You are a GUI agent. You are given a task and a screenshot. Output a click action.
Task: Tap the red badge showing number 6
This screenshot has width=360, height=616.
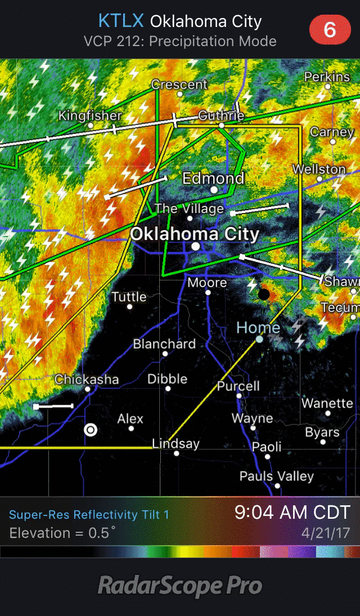coord(330,29)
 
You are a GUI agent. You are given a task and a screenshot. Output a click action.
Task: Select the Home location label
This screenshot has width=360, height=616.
coord(258,328)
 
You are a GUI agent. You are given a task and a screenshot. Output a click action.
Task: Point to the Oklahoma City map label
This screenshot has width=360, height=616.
coord(195,234)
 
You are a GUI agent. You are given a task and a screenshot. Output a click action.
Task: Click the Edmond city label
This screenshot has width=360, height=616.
coord(213,179)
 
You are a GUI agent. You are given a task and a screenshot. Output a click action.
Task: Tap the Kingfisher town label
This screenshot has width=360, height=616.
coord(90,116)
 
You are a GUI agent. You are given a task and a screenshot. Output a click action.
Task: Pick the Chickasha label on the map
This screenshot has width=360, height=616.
coord(87,379)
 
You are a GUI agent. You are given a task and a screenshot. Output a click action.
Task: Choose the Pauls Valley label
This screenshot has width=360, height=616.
coord(276,476)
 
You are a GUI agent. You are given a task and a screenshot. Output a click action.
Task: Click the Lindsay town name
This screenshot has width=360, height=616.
coord(176,443)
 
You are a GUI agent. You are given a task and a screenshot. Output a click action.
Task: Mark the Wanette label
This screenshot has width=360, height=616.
coord(327,403)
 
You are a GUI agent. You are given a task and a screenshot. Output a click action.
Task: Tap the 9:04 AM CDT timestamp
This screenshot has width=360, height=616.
coord(292,512)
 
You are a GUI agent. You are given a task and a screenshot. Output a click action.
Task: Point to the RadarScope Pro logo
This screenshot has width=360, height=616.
coord(180,586)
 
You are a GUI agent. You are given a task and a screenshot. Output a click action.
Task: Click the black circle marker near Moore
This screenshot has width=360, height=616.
coord(264,294)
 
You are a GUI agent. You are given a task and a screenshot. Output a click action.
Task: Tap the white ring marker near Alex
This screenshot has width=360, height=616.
coord(90,430)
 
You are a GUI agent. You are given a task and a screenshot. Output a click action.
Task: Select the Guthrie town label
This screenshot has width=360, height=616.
coord(221,116)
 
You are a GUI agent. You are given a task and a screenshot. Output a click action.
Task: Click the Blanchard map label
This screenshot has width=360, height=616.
coord(164,344)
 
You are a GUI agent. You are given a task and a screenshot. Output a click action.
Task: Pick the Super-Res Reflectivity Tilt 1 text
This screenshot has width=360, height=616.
coord(89,514)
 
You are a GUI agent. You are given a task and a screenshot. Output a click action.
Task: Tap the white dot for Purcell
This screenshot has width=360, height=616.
coord(239,396)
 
